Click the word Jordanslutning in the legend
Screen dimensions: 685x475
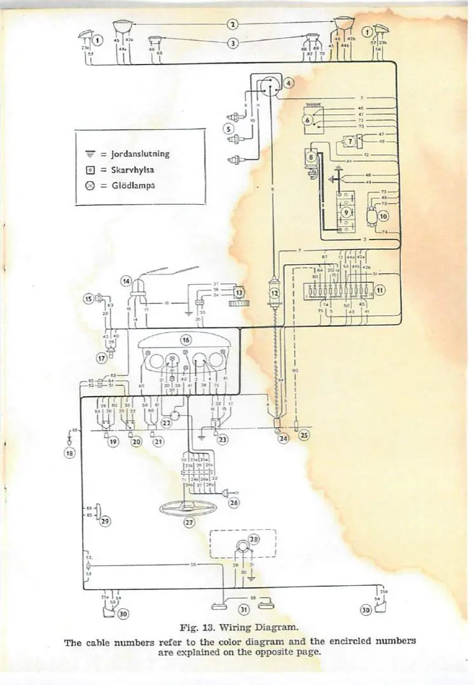(140, 153)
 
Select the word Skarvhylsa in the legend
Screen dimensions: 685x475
(132, 170)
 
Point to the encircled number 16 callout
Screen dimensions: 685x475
(186, 340)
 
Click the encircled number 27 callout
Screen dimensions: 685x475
(189, 522)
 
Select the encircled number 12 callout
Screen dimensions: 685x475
(275, 293)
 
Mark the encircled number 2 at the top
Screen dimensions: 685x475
(233, 24)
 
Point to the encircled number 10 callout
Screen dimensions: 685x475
(383, 216)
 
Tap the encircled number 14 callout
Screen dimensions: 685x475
(126, 280)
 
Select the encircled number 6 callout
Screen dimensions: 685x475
(308, 121)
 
